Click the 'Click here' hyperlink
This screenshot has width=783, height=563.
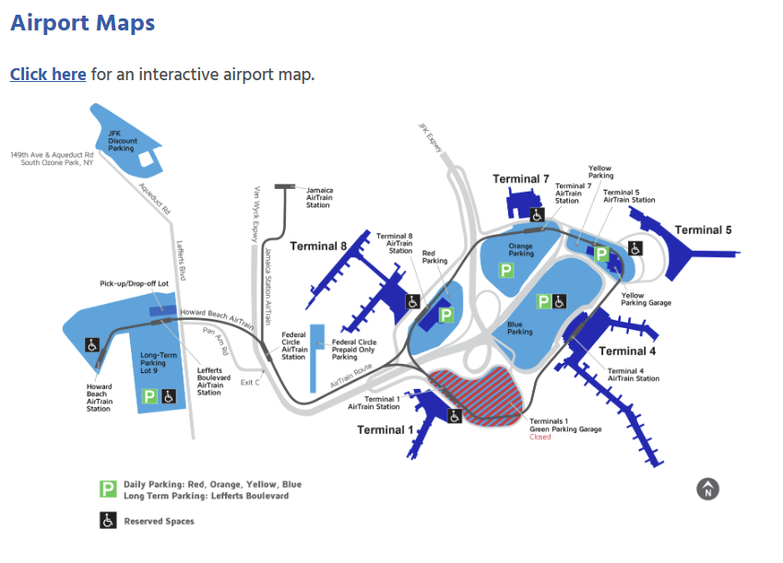(48, 75)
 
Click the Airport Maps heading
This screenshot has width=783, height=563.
(82, 23)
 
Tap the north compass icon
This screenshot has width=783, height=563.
(707, 489)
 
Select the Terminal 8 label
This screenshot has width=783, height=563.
(318, 246)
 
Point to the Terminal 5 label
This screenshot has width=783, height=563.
(703, 230)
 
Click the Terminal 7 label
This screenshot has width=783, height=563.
(520, 179)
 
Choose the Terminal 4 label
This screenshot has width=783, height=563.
(627, 351)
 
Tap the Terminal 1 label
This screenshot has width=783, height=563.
(386, 430)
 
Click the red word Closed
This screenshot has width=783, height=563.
(540, 437)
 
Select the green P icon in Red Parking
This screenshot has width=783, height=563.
(446, 315)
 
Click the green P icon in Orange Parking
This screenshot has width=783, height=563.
(505, 270)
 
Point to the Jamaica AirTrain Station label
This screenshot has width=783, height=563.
(319, 197)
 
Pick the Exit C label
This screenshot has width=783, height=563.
(249, 381)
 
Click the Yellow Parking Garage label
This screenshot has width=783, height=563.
(646, 299)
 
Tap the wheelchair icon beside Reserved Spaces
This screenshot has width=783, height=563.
(108, 521)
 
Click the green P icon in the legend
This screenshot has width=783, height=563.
(108, 489)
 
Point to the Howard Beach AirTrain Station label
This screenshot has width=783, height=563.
(99, 398)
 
